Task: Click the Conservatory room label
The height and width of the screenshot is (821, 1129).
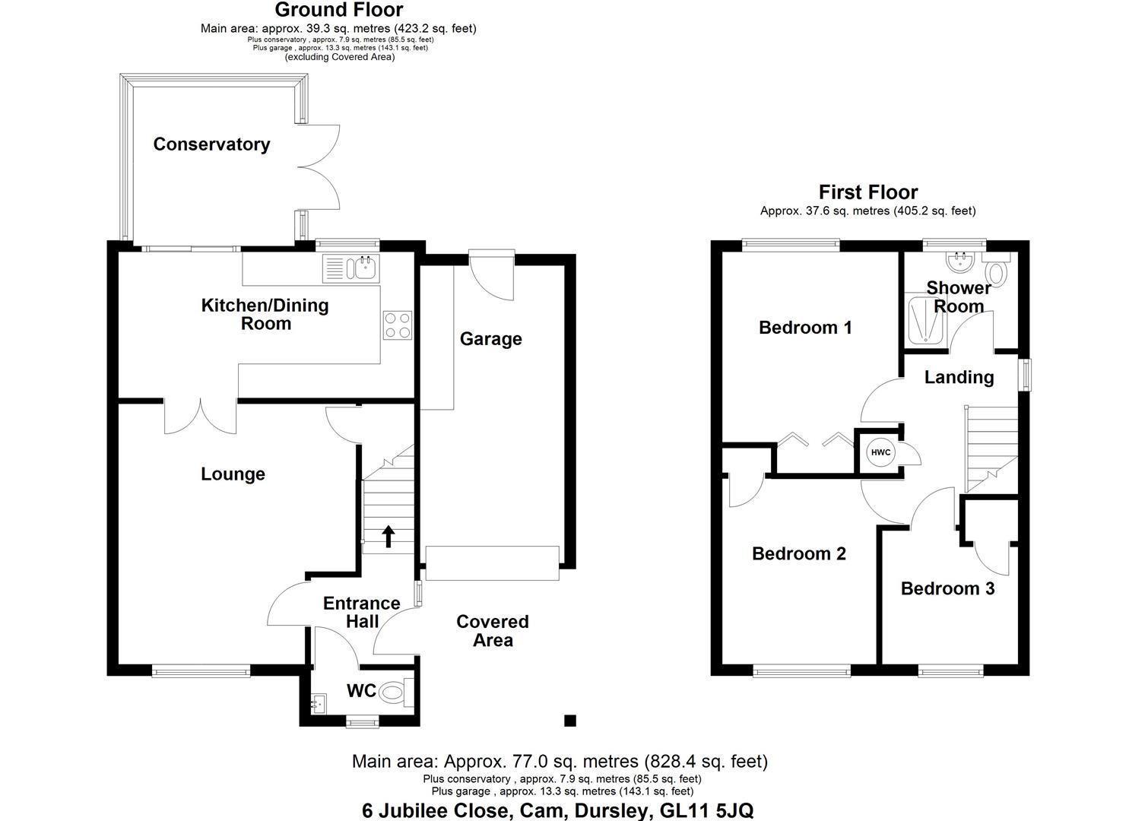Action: (211, 144)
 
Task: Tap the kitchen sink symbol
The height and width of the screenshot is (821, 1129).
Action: (364, 268)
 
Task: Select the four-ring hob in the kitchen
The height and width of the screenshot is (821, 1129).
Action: (398, 325)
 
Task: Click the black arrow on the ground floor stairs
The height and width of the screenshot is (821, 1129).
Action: (388, 536)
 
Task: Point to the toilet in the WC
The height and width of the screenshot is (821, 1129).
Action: (393, 692)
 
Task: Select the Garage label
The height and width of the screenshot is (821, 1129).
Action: (490, 339)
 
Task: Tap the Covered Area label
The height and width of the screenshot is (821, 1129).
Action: (493, 631)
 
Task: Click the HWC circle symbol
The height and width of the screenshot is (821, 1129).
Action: (880, 453)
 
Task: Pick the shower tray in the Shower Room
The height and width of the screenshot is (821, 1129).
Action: (925, 322)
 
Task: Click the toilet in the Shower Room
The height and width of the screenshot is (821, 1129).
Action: (996, 271)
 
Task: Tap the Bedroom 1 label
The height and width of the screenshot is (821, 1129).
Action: (805, 328)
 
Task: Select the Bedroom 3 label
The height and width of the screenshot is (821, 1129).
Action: (947, 588)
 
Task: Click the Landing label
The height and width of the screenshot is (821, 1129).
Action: (959, 377)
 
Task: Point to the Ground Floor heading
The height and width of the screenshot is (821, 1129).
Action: (338, 10)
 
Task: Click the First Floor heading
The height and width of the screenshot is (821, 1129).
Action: (867, 192)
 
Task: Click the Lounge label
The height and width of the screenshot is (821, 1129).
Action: (233, 474)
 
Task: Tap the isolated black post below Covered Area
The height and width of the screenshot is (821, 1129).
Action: (569, 721)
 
